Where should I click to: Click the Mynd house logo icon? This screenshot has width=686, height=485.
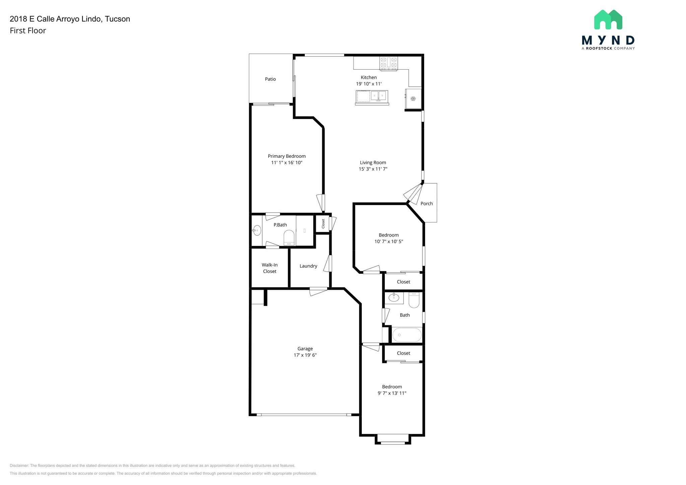608,19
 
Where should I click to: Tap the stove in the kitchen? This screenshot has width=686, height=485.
389,64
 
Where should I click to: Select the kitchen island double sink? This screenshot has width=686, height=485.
379,96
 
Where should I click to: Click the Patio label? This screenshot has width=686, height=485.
270,79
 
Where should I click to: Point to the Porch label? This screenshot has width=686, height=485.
426,204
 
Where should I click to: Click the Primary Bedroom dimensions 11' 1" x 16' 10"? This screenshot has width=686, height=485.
287,162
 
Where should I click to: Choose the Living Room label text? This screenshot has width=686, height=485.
373,162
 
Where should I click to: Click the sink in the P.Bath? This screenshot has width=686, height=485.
257,230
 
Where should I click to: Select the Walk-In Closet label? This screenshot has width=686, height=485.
270,268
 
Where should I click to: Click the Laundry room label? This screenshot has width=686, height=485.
308,266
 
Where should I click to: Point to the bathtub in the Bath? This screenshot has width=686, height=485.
407,335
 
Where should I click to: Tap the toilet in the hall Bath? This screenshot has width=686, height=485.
414,300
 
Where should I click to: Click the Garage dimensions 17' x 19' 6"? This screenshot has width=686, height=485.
305,355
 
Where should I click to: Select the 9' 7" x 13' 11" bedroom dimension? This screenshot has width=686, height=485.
392,393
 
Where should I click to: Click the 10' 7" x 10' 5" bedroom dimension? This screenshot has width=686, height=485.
389,241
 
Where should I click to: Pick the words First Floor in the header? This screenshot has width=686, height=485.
28,31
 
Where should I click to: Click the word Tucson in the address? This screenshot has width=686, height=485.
117,19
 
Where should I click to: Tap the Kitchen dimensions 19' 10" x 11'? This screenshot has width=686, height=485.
369,84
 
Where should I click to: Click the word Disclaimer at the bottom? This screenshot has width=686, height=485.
19,466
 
